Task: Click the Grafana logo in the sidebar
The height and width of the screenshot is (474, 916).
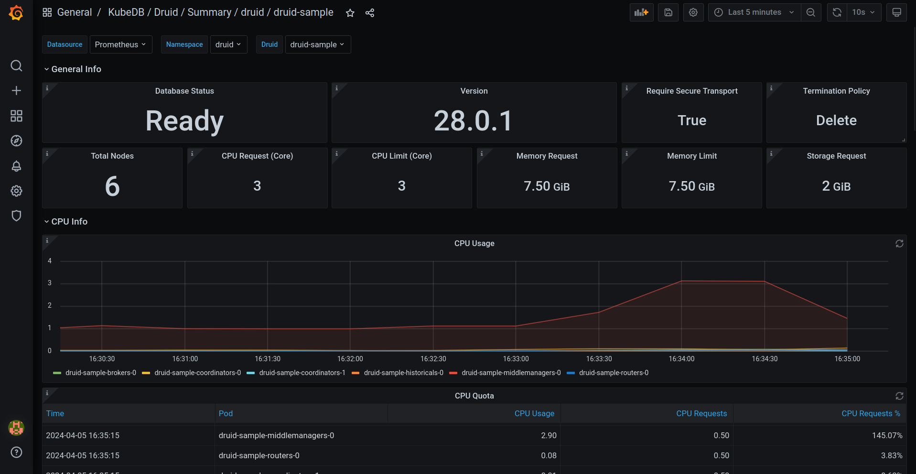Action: point(16,13)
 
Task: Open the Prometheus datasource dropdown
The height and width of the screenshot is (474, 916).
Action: point(120,44)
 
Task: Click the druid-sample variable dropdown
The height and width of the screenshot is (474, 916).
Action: point(317,44)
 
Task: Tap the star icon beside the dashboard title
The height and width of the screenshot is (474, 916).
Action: point(350,13)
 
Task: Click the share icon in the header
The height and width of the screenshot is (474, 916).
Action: point(370,13)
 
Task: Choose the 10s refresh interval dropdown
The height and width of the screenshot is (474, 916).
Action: point(863,12)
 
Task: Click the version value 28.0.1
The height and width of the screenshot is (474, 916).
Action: point(474,121)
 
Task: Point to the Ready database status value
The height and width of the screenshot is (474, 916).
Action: point(184,121)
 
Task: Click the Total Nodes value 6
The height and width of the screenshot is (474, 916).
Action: point(112,186)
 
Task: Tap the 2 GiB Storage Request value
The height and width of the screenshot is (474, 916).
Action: point(836,186)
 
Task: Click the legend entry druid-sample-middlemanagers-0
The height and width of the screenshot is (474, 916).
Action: point(511,373)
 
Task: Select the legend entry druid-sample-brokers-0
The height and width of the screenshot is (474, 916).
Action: point(100,373)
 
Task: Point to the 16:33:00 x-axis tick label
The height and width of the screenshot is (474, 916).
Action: point(516,359)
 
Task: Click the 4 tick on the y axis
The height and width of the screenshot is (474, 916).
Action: point(50,261)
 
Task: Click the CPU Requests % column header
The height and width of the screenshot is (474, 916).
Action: point(871,413)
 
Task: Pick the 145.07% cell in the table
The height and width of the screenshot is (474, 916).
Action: point(887,435)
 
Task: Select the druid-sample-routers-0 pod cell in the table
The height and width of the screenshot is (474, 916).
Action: point(259,455)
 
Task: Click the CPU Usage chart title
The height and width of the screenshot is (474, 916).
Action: point(474,243)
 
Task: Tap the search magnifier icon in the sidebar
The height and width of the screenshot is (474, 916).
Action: point(16,65)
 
